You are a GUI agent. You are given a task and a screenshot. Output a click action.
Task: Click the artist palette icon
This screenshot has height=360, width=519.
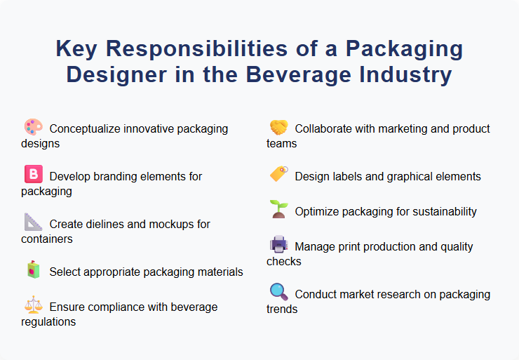coord(33,128)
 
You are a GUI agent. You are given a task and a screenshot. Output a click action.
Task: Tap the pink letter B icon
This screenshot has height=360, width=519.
coord(33,175)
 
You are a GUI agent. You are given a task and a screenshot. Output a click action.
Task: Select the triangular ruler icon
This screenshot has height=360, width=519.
coord(33,222)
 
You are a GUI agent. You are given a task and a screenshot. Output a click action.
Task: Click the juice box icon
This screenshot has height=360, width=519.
coord(33,270)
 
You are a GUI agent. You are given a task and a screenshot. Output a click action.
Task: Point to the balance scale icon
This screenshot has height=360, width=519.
coord(33,306)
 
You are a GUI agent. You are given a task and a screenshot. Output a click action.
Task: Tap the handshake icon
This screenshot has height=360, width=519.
coord(278,128)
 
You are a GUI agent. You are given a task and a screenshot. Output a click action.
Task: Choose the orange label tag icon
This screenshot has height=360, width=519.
coord(278,175)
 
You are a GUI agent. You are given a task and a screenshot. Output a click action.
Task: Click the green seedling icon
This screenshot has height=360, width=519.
coord(278,210)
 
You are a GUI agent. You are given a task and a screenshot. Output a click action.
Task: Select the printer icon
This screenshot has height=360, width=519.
coord(278,245)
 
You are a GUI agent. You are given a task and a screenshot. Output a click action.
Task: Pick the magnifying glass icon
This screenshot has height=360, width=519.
coord(278,293)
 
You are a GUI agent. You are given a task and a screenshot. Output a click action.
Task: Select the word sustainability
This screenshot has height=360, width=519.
coord(436,212)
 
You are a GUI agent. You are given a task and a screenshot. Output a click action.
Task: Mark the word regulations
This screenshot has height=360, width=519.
coord(48,322)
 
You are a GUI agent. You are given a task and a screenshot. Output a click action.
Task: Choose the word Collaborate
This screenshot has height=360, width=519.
coord(326,129)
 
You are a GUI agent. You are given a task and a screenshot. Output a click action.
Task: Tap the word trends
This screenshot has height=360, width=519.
coord(282,309)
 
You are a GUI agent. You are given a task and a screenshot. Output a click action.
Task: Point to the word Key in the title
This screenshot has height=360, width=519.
coord(77,50)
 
